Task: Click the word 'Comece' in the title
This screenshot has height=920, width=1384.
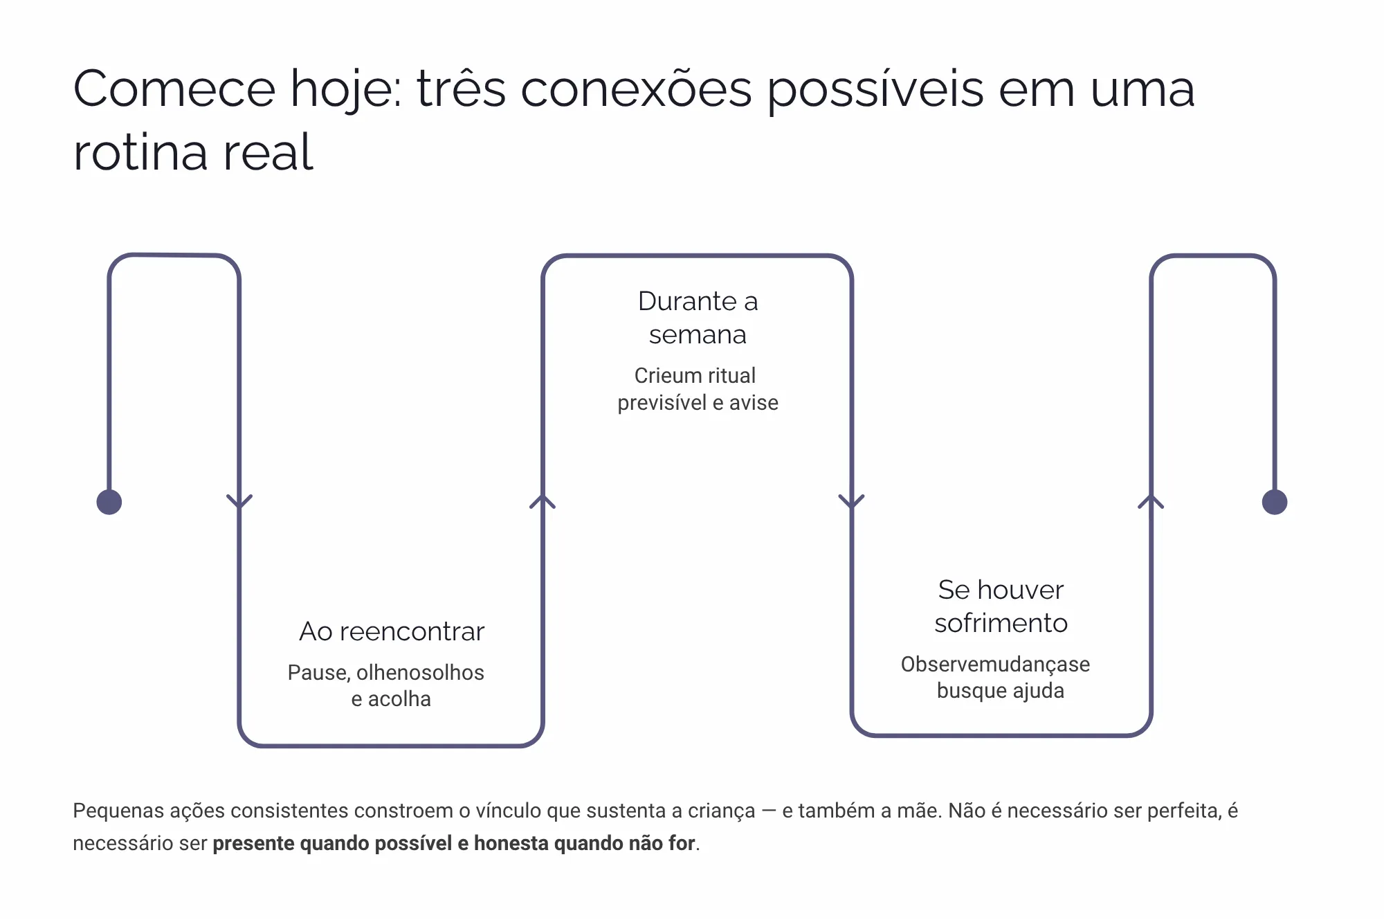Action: (174, 89)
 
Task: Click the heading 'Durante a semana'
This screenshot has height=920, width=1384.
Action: (698, 318)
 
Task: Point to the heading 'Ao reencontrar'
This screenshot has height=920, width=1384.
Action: (392, 631)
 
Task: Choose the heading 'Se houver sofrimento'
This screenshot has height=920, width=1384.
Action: (1001, 606)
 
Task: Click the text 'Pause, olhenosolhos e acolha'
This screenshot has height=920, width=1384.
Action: (386, 685)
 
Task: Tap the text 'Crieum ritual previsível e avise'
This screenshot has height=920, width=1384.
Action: (698, 389)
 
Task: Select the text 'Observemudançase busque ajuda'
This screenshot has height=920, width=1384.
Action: (995, 677)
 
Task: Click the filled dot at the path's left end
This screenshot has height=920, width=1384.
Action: (109, 502)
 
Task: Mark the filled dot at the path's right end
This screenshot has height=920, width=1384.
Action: (1275, 502)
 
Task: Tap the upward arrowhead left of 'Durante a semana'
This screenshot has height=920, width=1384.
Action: (543, 501)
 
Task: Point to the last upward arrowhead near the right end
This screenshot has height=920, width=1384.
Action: (1151, 501)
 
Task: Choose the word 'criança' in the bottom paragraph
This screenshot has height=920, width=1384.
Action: (722, 811)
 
